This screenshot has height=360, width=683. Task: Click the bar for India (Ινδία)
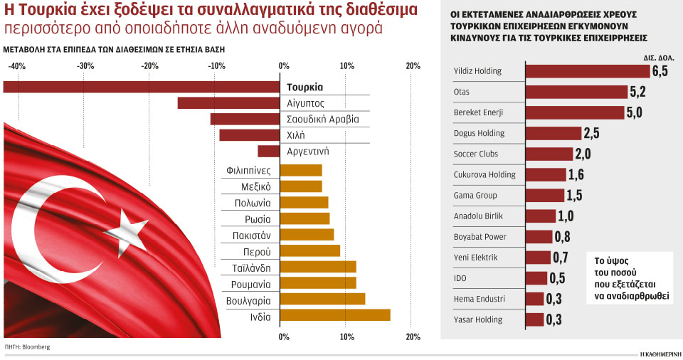(335, 315)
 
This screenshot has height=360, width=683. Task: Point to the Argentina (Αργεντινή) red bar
(268, 152)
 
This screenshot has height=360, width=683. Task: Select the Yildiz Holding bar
(587, 71)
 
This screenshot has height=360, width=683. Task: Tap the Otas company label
(462, 92)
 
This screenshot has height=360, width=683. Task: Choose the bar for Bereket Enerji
(574, 112)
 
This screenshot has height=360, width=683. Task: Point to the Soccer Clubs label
(476, 154)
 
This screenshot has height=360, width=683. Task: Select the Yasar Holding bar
(534, 319)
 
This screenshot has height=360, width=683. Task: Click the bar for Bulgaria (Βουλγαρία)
(322, 299)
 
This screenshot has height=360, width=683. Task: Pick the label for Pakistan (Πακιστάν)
(252, 234)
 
